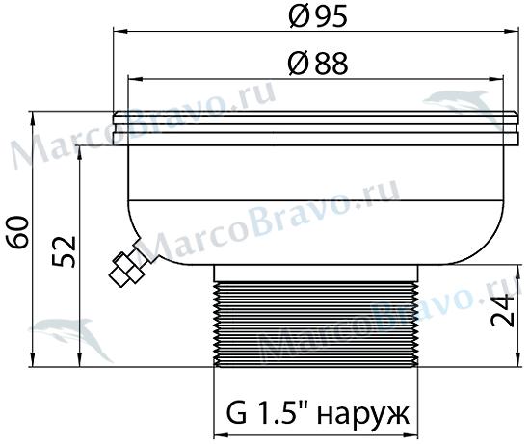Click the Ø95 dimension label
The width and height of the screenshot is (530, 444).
(318, 16)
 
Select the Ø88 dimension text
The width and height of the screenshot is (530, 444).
(318, 64)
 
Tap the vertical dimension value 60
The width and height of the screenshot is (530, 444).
(17, 232)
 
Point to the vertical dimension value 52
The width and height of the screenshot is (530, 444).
(65, 251)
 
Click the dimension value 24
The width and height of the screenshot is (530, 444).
(503, 310)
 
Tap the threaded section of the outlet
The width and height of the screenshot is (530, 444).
(316, 325)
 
